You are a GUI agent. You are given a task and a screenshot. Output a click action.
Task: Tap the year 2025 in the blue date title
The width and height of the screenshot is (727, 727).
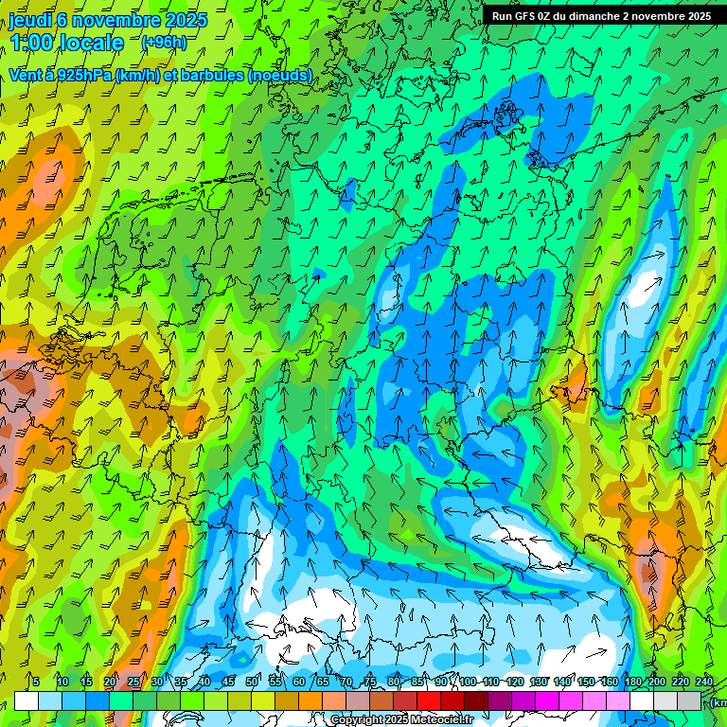coord(186,21)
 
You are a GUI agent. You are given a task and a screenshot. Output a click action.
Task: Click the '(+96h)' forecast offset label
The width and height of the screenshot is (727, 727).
coord(163,43)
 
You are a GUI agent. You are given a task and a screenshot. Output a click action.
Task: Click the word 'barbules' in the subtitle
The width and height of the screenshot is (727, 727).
coord(210,75)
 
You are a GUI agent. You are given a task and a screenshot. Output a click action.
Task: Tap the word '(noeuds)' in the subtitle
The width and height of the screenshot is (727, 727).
coord(279,75)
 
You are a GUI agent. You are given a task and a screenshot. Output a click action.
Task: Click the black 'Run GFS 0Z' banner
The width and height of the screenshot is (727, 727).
coord(600,16)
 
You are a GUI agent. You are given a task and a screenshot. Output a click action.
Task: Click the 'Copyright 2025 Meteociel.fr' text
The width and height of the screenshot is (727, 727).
coord(401,720)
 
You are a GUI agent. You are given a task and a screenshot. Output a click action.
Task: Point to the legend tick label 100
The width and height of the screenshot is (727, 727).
coord(468,683)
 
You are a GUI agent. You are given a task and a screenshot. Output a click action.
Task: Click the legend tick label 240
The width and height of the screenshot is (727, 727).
coord(703,683)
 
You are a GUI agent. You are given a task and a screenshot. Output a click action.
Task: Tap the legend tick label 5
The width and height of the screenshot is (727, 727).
coord(36,683)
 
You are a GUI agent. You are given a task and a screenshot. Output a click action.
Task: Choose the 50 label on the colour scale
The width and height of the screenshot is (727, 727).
coord(252,683)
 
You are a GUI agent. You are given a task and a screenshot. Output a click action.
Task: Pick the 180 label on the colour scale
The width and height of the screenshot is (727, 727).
coord(632,683)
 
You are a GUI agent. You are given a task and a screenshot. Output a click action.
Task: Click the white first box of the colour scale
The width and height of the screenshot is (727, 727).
coord(27,700)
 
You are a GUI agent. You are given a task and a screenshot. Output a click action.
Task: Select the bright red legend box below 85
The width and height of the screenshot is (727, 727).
coord(429,700)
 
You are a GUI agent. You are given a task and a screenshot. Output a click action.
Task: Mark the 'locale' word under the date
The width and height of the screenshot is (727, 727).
coord(93,43)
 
